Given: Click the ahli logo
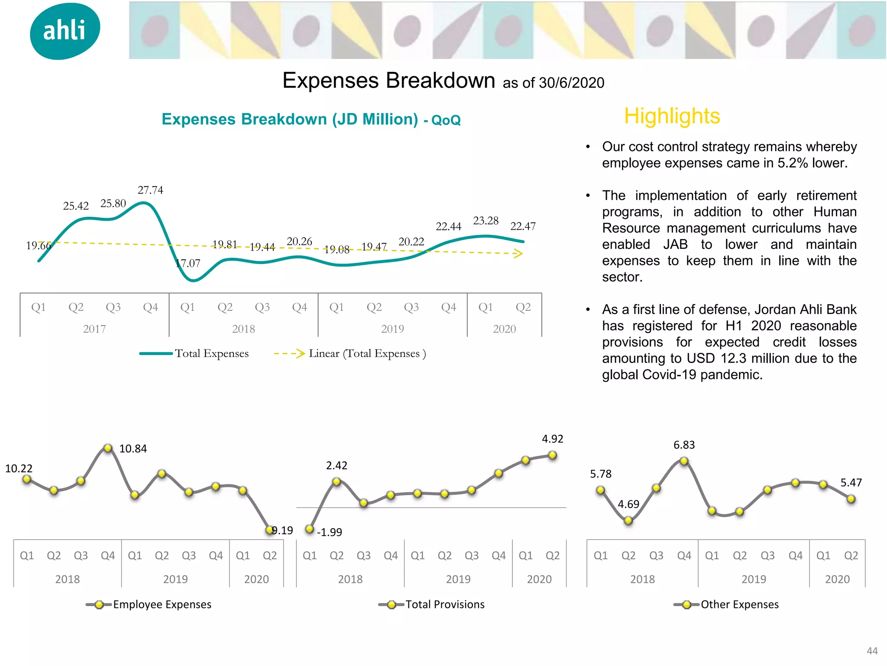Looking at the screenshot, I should point(65,31).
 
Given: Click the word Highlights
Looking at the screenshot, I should point(672,116).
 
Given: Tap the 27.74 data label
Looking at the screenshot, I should point(150,190).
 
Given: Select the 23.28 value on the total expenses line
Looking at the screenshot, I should point(486,221).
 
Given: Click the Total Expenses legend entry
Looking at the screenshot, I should point(194,353).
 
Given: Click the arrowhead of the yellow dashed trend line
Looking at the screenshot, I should point(518,254).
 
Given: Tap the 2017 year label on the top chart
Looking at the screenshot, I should point(94,329).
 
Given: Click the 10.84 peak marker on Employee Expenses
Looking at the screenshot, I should point(108,448).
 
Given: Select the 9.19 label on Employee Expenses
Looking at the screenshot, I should point(282,530).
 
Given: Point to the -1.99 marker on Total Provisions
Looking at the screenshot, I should point(309,529).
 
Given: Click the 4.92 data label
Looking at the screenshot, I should point(552,439).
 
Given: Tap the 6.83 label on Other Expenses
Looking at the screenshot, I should point(684,445).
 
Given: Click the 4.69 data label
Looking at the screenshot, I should point(628,504).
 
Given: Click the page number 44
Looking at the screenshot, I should point(872,651).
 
